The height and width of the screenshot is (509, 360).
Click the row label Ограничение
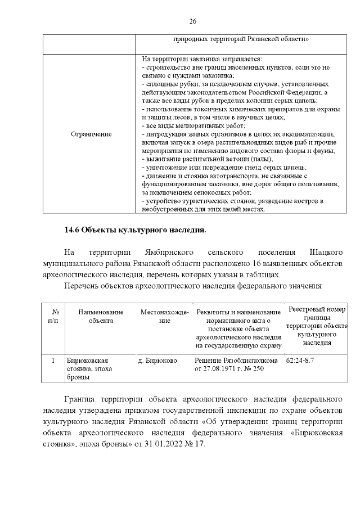(91, 134)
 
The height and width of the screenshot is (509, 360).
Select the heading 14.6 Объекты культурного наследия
(136, 229)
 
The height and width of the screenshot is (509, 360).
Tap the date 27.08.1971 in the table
(217, 369)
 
